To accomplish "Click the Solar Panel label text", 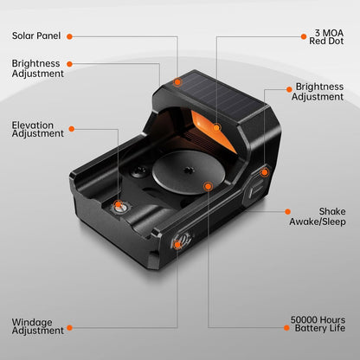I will click(x=37, y=36).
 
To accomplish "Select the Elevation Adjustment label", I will click(x=37, y=129).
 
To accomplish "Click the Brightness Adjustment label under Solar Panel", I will click(x=37, y=68).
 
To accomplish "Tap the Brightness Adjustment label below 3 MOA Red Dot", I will click(x=319, y=92).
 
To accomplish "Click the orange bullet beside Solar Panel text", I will click(x=69, y=36).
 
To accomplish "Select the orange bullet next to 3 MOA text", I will click(x=303, y=36).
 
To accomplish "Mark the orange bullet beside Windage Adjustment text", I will click(x=69, y=328).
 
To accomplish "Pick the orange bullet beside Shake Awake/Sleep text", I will click(x=287, y=213).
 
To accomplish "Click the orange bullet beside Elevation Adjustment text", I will click(x=71, y=129).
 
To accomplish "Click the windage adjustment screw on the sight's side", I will click(x=177, y=245).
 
